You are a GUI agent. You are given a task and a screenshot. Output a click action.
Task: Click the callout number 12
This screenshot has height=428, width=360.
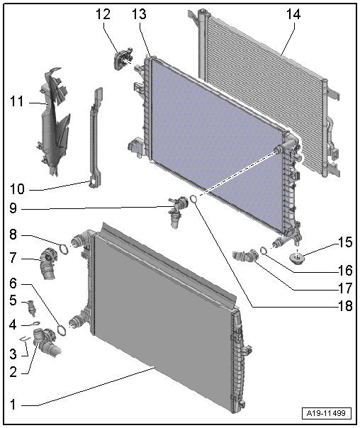click(x=103, y=14)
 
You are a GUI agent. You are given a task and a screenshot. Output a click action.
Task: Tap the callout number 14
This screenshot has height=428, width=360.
click(x=293, y=14)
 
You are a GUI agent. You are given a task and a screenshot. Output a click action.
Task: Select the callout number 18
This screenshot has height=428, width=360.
click(x=345, y=305)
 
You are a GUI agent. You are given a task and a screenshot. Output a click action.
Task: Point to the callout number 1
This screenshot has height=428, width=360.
click(x=13, y=404)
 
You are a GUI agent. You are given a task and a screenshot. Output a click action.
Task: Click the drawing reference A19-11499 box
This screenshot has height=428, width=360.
click(x=327, y=413)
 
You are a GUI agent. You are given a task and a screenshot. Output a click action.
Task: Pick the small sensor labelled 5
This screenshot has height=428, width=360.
click(x=32, y=308)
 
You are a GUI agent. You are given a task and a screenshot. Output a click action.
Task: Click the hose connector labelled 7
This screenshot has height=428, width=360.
click(x=48, y=263)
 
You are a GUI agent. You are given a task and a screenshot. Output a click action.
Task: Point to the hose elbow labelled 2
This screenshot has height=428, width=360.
click(x=45, y=342)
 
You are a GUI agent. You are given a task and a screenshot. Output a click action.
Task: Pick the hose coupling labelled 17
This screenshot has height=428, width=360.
click(x=244, y=256)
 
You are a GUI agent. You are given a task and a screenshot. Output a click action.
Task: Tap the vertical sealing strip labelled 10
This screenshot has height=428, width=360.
click(x=95, y=138)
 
